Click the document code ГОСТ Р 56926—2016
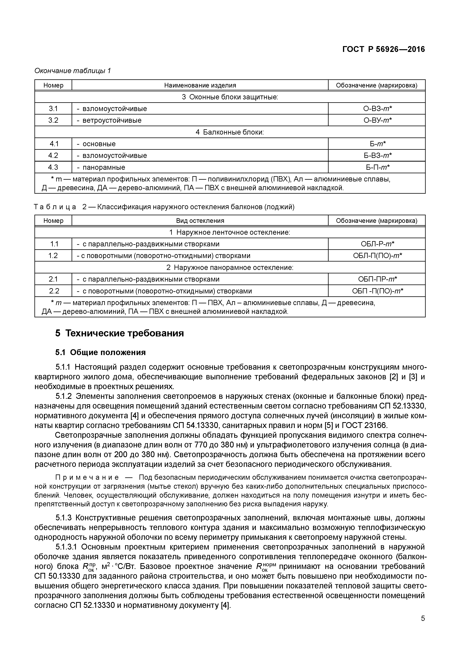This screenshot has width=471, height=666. coord(383,49)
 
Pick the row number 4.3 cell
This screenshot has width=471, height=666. coord(53,167)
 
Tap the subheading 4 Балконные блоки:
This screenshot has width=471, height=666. coord(230,132)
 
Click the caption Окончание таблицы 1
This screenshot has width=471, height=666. coord(73,70)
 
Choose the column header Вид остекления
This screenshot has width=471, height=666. coord(200,221)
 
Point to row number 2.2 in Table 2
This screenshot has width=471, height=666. coord(53,291)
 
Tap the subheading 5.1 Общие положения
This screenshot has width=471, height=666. coord(100,352)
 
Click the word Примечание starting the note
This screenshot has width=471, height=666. coord(87,477)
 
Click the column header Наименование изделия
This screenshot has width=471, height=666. coord(200,85)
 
